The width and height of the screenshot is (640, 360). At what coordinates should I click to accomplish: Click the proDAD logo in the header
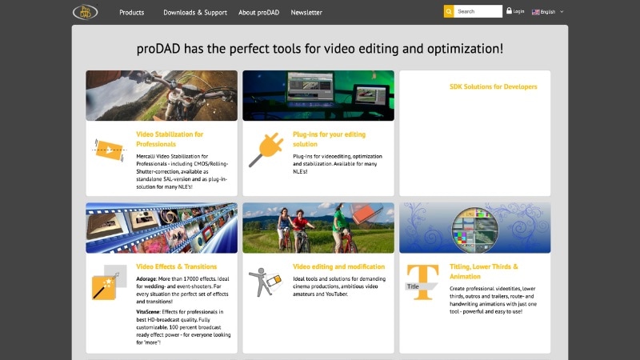click(85, 12)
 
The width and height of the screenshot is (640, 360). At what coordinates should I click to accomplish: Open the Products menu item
click(132, 13)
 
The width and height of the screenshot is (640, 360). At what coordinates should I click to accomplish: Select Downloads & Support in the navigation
click(195, 13)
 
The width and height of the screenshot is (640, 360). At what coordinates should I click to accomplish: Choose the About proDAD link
click(258, 13)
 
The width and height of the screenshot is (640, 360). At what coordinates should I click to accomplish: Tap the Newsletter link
click(306, 13)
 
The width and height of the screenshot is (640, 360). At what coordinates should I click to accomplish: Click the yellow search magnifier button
click(449, 11)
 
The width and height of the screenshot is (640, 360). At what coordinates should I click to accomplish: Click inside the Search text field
click(478, 11)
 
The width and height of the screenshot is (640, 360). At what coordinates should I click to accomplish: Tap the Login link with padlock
click(515, 11)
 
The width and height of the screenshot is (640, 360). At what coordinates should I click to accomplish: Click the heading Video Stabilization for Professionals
click(170, 139)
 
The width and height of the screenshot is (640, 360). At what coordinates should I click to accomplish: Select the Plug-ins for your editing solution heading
click(329, 139)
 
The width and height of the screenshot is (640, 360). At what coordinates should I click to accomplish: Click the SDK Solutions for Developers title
click(493, 86)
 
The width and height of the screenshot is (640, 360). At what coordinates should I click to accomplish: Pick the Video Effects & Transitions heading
click(175, 266)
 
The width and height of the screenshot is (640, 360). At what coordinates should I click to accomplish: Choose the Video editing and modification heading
click(338, 266)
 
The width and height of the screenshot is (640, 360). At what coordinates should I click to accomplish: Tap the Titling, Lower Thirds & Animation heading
click(484, 271)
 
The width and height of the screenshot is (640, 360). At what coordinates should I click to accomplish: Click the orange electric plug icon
click(265, 149)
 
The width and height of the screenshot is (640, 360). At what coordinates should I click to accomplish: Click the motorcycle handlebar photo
click(162, 95)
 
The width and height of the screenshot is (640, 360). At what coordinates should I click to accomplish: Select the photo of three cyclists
click(318, 227)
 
